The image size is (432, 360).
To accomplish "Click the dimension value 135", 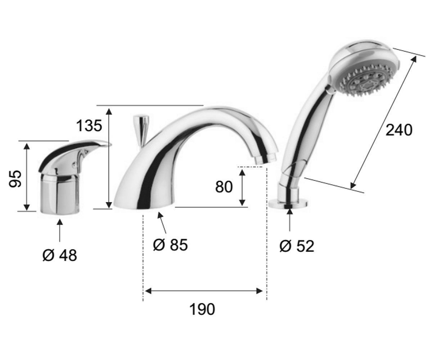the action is coord(89,126).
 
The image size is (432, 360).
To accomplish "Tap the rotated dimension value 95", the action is coord(15,179).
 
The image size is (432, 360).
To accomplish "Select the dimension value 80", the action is coord(224,187).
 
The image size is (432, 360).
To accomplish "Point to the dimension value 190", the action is coord(202,310).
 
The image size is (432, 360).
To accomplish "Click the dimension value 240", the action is coord(399,130).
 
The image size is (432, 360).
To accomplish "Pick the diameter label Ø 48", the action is coord(60,255).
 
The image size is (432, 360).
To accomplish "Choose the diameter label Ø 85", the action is coord(170,245).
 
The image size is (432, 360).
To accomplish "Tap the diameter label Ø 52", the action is coord(297,246).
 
